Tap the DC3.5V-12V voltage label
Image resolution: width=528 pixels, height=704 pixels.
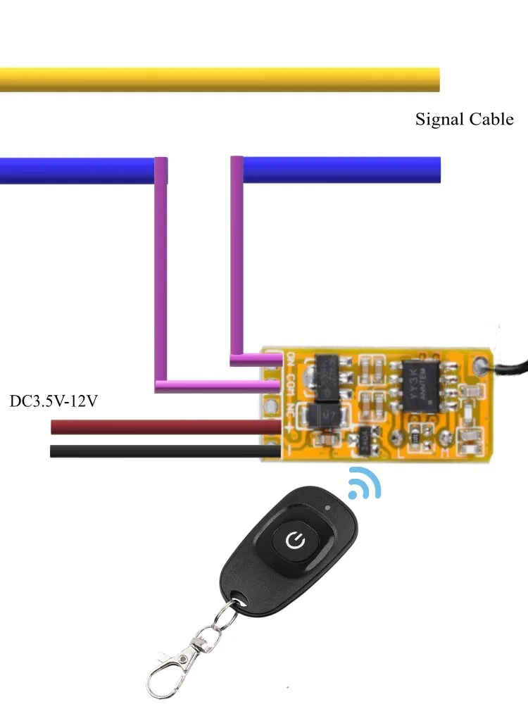point(53,402)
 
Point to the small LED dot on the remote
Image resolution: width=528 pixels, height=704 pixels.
point(328,507)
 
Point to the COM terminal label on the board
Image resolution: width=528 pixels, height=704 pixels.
point(289,386)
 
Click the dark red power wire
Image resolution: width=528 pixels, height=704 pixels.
point(162,427)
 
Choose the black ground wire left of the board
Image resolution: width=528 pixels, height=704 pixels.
point(162,451)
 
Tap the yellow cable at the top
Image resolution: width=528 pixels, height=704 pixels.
point(218,80)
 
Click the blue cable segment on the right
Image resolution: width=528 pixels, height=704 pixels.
point(341,170)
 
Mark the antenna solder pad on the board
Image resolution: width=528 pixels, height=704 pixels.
point(482,364)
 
